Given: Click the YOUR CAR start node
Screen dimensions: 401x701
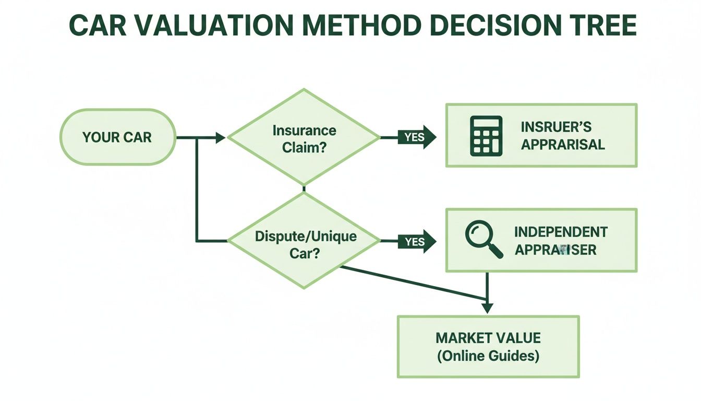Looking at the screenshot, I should (117, 137).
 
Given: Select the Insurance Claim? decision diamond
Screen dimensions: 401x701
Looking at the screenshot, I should (304, 138).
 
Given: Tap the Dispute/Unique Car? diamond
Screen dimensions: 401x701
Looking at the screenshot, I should (304, 242).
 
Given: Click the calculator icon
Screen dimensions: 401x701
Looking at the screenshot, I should (486, 136).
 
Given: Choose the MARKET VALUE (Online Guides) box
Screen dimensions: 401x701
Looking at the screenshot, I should (488, 347).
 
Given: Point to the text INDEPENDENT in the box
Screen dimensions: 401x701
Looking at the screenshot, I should (561, 232).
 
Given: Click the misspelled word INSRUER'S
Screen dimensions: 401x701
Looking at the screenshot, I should (556, 127).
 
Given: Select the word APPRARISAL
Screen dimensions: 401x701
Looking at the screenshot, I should (563, 145).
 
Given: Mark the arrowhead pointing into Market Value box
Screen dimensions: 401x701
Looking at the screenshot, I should (487, 308).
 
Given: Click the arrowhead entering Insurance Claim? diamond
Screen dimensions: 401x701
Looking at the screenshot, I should (221, 138).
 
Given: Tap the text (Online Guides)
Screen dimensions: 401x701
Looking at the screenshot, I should (488, 356).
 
